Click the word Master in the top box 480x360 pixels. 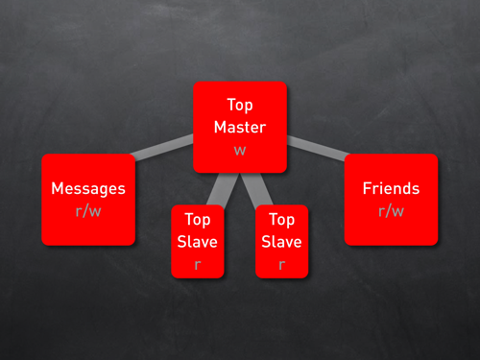pyautogui.click(x=240, y=127)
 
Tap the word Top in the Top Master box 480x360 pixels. pyautogui.click(x=240, y=106)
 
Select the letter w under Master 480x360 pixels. pyautogui.click(x=240, y=151)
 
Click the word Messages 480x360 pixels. pyautogui.click(x=88, y=189)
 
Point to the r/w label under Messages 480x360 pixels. pyautogui.click(x=88, y=211)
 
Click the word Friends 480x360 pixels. pyautogui.click(x=391, y=188)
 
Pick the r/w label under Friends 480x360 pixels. pyautogui.click(x=391, y=211)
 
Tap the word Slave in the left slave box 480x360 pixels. pyautogui.click(x=198, y=242)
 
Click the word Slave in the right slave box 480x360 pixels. pyautogui.click(x=281, y=242)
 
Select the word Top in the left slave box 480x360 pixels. pyautogui.click(x=198, y=220)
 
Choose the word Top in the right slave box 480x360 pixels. pyautogui.click(x=282, y=220)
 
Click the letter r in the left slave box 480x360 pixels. pyautogui.click(x=198, y=265)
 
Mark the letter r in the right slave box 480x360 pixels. pyautogui.click(x=282, y=265)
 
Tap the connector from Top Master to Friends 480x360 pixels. pyautogui.click(x=318, y=148)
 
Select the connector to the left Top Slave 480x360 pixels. pyautogui.click(x=222, y=189)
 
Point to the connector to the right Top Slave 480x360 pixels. pyautogui.click(x=256, y=189)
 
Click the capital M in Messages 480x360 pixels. pyautogui.click(x=58, y=188)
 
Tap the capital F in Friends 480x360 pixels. pyautogui.click(x=367, y=188)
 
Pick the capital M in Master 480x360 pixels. pyautogui.click(x=221, y=127)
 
